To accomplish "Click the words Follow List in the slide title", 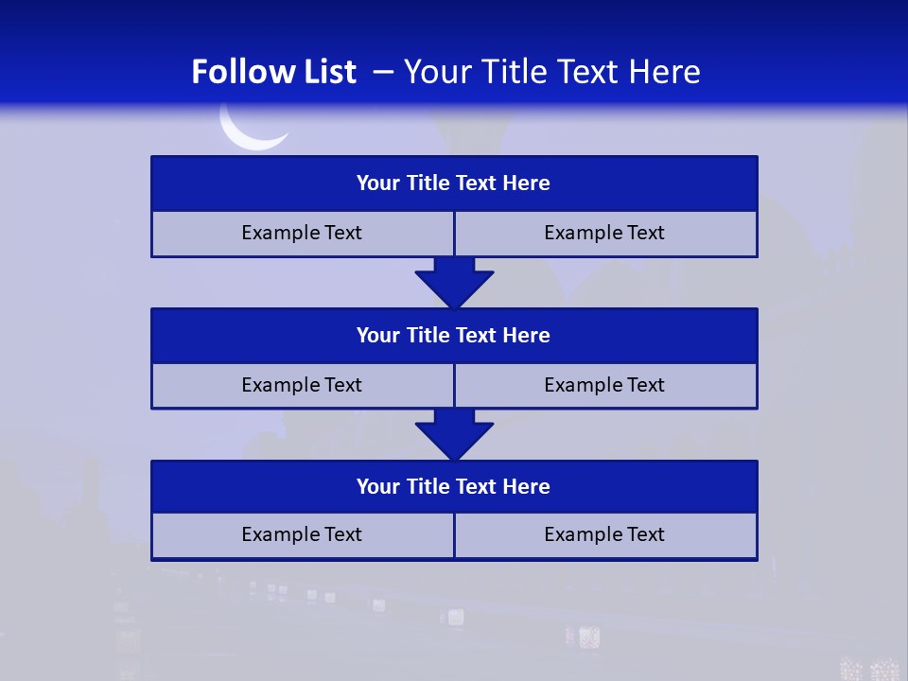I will click(x=273, y=72).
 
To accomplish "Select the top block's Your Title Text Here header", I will click(x=453, y=183).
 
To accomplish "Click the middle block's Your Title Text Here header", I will click(x=453, y=335).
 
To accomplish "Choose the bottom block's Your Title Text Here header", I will click(x=453, y=486).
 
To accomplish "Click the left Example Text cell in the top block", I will click(x=302, y=233).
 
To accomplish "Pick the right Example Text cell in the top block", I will click(x=604, y=233).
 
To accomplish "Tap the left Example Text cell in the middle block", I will click(x=302, y=385).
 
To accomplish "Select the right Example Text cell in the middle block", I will click(x=604, y=385).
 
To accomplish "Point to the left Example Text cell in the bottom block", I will click(x=302, y=534).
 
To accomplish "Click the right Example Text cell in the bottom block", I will click(x=604, y=534).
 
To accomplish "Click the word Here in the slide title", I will click(x=666, y=72).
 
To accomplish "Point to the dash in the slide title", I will click(x=383, y=72).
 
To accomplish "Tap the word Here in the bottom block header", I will click(x=526, y=486).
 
